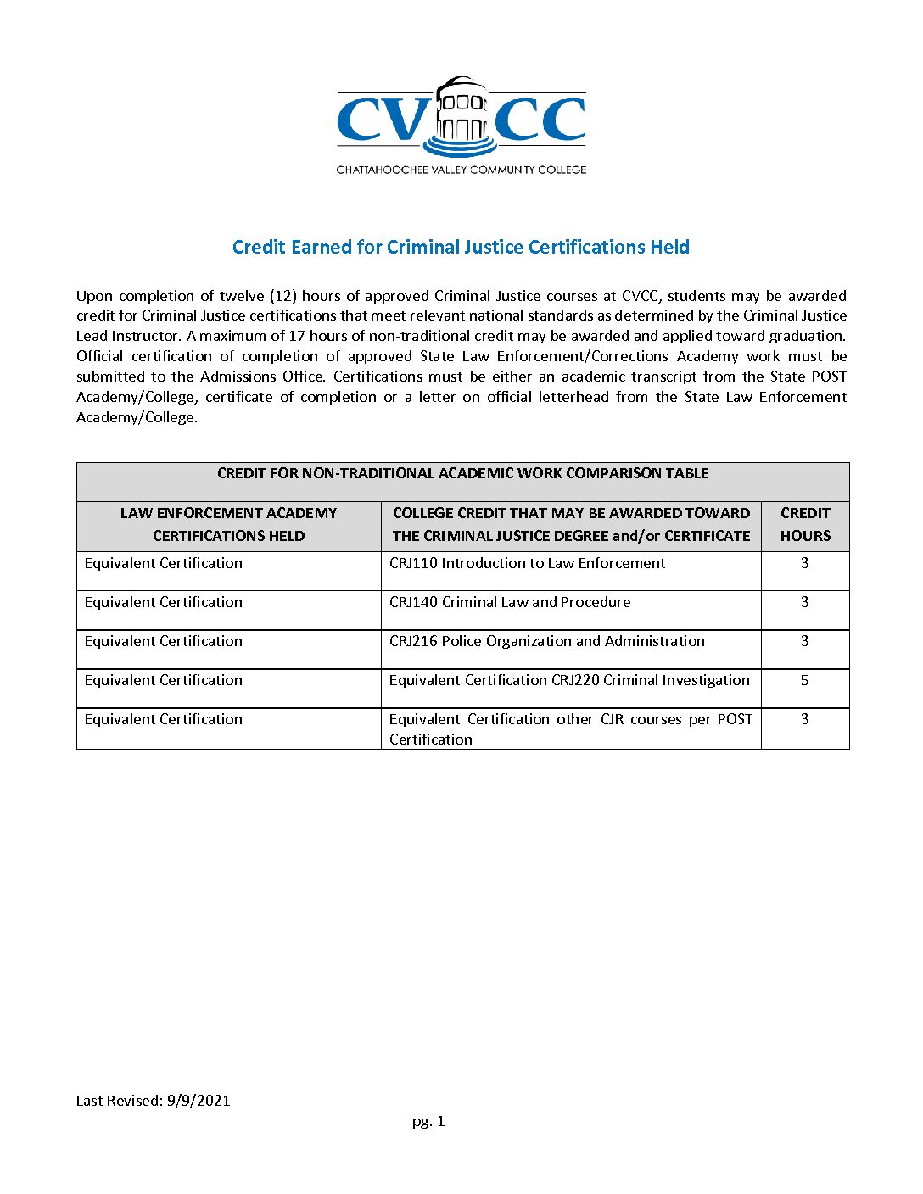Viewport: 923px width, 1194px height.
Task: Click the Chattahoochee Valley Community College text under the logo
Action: tap(461, 170)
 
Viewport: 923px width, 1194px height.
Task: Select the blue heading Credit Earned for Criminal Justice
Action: tap(461, 247)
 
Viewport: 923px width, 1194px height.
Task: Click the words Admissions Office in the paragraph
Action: tap(262, 377)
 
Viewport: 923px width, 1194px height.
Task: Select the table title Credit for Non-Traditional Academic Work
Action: tap(462, 473)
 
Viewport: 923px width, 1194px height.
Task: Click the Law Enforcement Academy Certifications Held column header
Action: tap(228, 524)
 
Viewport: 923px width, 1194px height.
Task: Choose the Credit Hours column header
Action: tap(805, 524)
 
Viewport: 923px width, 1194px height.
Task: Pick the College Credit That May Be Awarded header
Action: tap(571, 524)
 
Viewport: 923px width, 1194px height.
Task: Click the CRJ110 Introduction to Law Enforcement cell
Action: tap(527, 563)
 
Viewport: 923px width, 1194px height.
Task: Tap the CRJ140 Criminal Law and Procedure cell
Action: tap(510, 602)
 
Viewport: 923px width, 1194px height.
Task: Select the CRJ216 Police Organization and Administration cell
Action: tap(546, 641)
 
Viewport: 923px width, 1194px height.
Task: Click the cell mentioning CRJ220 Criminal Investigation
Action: tap(569, 680)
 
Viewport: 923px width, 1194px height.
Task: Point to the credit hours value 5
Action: tap(805, 680)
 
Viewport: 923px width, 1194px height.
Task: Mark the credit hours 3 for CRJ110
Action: tap(805, 563)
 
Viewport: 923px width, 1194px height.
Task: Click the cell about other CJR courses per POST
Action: tap(570, 728)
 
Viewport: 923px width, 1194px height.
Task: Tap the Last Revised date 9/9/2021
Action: tap(199, 1101)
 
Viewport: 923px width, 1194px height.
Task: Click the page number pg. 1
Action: tap(428, 1121)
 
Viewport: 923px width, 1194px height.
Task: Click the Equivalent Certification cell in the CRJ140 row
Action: tap(164, 602)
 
